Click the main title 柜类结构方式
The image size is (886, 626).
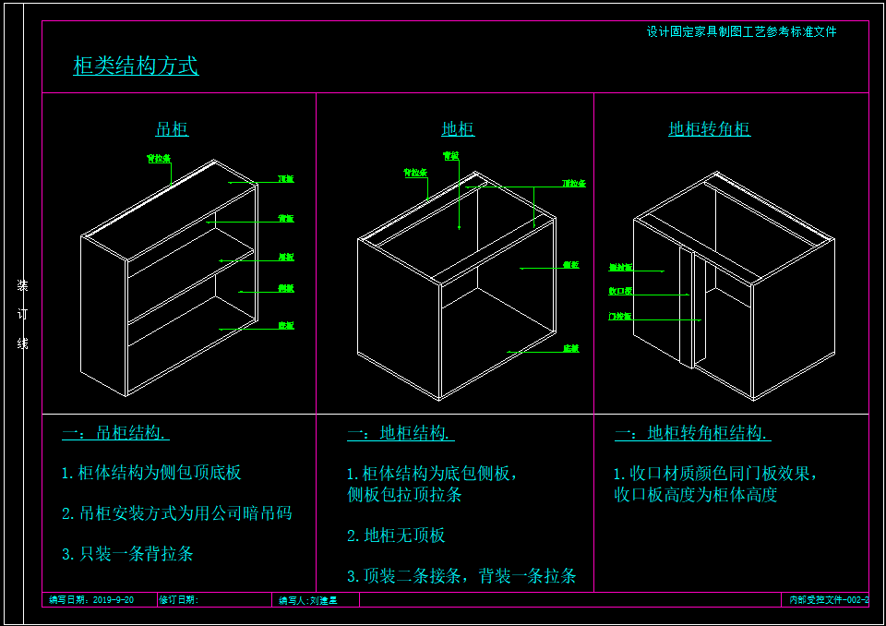(x=136, y=66)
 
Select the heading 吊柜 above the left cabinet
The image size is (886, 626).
(x=172, y=129)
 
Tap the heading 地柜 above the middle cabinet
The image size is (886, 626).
(x=458, y=129)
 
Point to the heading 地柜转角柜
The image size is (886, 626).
(x=709, y=129)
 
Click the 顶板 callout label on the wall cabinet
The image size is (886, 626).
(x=286, y=178)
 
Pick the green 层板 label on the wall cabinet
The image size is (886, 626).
(x=286, y=257)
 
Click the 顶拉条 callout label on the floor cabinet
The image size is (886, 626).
(x=574, y=184)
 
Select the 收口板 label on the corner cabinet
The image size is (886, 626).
(x=620, y=292)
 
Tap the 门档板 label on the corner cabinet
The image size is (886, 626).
(x=620, y=317)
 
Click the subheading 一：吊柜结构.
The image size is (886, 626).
(x=114, y=433)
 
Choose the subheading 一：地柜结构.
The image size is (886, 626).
(x=401, y=433)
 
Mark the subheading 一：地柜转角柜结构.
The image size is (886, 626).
(x=692, y=433)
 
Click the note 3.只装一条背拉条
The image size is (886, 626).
(x=127, y=554)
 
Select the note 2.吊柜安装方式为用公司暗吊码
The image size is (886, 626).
(x=176, y=513)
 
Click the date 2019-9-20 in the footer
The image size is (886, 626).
(x=114, y=600)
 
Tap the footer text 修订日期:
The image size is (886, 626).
(x=179, y=600)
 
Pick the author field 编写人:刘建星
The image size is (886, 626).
(x=308, y=600)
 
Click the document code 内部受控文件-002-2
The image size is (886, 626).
(x=828, y=600)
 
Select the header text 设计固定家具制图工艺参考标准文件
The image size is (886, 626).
(x=741, y=31)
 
